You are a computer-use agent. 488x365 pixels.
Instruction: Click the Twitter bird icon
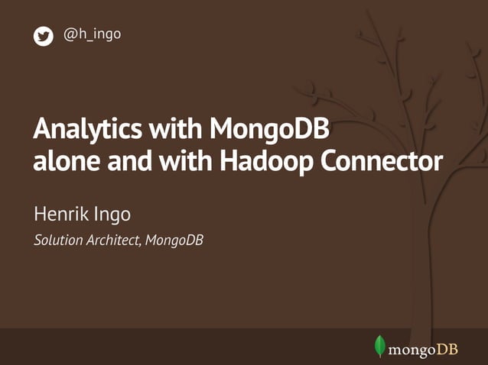click(x=43, y=36)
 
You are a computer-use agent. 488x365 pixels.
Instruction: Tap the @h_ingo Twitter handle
click(x=92, y=34)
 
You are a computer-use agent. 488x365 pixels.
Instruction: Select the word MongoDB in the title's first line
click(x=270, y=129)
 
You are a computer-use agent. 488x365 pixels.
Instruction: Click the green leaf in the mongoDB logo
click(x=379, y=346)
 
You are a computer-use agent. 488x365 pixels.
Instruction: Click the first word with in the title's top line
click(x=174, y=129)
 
